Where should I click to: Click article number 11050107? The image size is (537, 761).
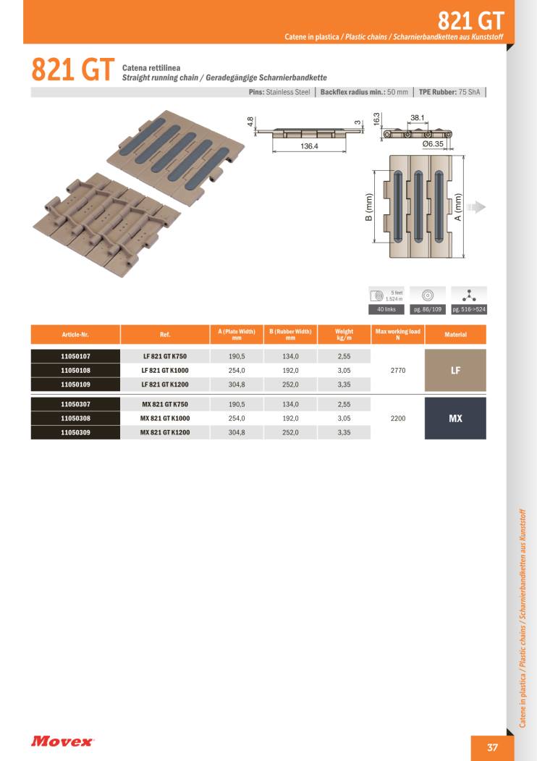[x=75, y=356]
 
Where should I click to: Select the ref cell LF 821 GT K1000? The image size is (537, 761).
[x=165, y=370]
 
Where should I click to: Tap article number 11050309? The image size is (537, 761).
[x=75, y=432]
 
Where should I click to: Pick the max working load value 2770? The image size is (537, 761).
[x=398, y=370]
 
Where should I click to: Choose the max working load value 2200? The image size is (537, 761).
[x=398, y=419]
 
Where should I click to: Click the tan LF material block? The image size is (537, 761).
[x=455, y=370]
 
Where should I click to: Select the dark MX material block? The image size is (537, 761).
[x=455, y=419]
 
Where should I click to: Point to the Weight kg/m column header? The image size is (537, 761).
[x=344, y=335]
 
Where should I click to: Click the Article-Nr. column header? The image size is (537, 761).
[x=75, y=335]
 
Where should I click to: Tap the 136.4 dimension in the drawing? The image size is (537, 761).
[x=309, y=146]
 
